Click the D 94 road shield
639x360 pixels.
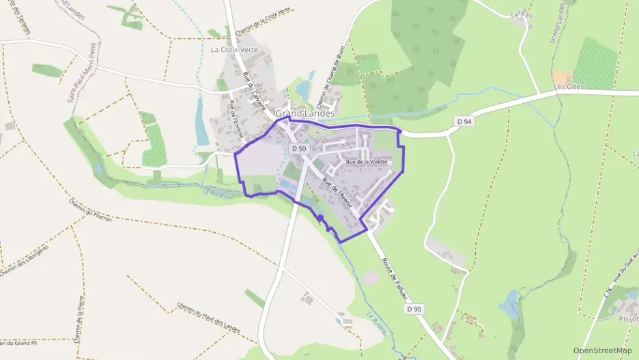click(464, 121)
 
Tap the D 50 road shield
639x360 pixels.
click(298, 148)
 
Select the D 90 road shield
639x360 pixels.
click(413, 309)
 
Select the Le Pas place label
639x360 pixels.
click(521, 14)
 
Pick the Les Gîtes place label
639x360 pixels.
click(569, 87)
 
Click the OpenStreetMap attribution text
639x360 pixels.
click(603, 350)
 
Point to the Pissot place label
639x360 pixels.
click(627, 318)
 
